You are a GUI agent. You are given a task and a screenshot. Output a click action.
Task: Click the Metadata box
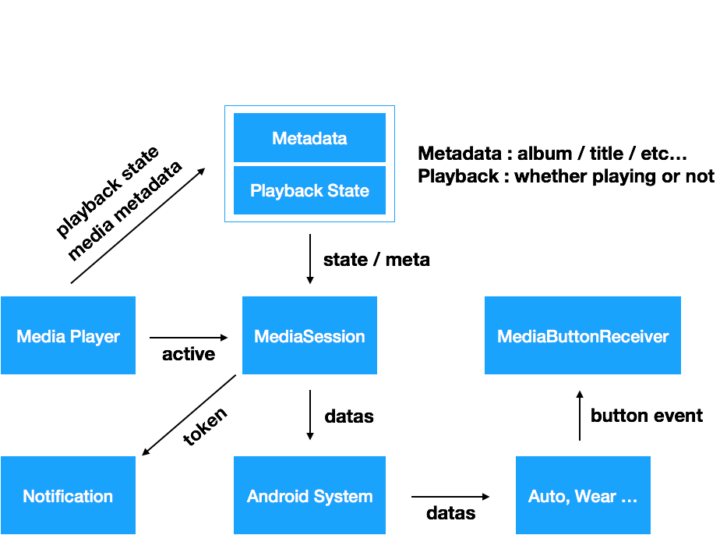[309, 138]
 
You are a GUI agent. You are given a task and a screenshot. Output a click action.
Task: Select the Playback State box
[309, 190]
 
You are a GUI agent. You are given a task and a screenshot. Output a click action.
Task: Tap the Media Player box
[68, 335]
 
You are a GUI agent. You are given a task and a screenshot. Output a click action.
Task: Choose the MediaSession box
[309, 335]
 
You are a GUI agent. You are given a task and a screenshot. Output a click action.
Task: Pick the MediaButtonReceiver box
[583, 335]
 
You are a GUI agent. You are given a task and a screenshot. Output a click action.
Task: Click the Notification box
[68, 495]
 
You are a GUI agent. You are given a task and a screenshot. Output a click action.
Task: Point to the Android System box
[309, 495]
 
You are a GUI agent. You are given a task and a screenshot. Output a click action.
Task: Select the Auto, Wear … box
[583, 495]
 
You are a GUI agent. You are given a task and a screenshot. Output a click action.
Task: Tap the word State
[349, 191]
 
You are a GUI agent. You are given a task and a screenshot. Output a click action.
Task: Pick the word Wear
[595, 497]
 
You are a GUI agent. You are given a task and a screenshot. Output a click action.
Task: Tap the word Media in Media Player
[41, 337]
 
